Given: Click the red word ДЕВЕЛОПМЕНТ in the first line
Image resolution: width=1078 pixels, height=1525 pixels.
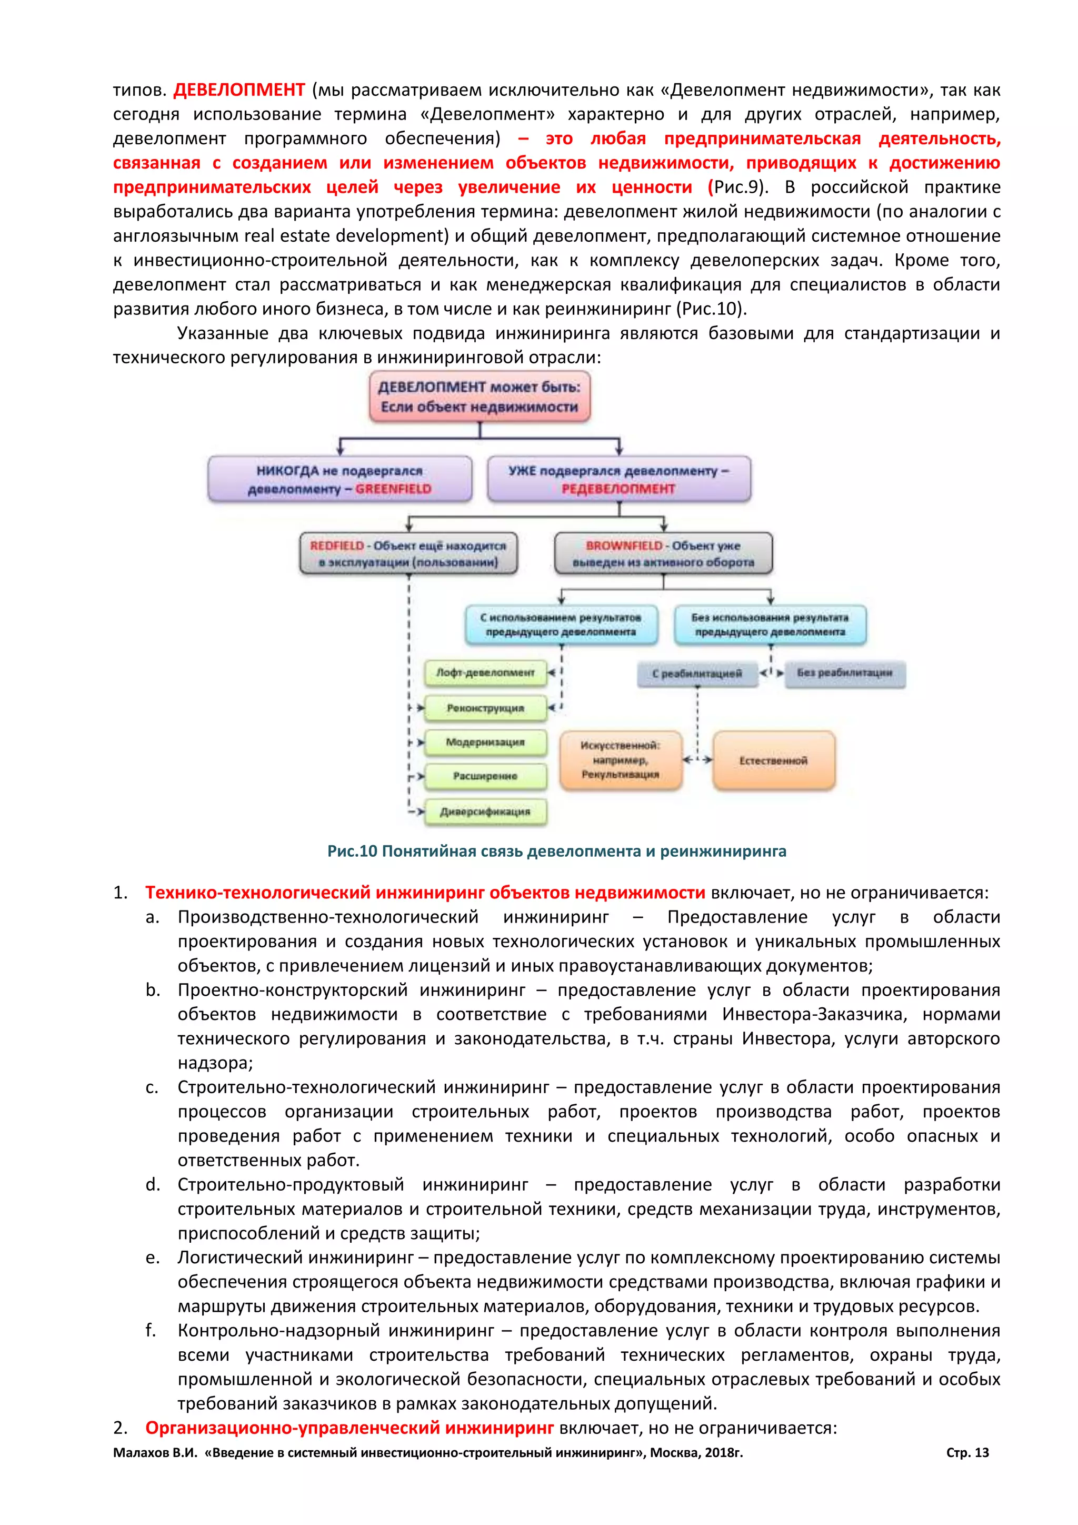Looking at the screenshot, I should [x=239, y=90].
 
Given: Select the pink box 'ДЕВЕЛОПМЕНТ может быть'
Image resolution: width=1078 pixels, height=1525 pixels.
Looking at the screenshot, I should [x=480, y=397].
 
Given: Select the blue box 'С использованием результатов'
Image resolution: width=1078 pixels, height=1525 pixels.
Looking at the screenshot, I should [x=561, y=625].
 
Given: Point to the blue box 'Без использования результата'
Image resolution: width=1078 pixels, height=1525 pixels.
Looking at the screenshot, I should [x=770, y=625].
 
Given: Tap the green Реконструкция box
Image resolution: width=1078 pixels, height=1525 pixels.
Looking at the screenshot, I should [x=485, y=708].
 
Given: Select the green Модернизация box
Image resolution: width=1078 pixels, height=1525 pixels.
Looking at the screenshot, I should [x=485, y=742].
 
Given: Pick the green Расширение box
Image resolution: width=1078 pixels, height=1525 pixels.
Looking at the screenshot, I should [x=485, y=776].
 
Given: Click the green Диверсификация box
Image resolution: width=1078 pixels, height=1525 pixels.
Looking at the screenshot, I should [x=485, y=811].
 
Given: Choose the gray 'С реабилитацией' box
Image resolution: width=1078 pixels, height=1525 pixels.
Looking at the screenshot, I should [x=697, y=674].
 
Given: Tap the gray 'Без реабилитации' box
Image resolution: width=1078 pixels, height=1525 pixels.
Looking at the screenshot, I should [x=844, y=673].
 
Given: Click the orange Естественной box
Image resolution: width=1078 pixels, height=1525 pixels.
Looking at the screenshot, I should [x=773, y=760].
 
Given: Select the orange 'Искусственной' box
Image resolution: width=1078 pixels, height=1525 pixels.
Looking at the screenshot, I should [x=621, y=760].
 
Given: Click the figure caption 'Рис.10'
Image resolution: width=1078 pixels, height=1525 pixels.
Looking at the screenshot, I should [x=556, y=851].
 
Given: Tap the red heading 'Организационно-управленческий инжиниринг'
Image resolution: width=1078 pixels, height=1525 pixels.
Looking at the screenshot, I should [x=349, y=1428].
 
